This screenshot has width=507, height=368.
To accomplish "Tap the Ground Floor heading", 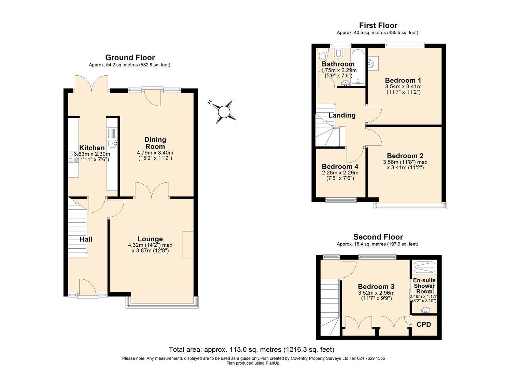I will point(130,58).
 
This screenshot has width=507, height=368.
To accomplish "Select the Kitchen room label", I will point(92,148).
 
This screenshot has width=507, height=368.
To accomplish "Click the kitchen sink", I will point(112,143).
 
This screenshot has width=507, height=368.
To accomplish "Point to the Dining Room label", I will point(155,143).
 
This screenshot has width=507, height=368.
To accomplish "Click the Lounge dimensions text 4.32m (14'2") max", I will point(150,245).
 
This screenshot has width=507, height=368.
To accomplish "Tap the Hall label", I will point(86,239).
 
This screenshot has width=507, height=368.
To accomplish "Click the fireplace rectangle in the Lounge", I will point(188,245).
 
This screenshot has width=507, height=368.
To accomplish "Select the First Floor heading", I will point(378,25).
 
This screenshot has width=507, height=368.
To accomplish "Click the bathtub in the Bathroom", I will point(358,66).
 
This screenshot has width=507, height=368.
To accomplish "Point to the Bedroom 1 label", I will point(403,80).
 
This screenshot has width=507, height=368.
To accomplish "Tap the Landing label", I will point(342,115).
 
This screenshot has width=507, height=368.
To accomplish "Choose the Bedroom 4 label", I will point(340,167).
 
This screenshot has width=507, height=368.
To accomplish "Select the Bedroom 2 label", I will point(405,156).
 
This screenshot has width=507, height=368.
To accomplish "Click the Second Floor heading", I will point(378,237).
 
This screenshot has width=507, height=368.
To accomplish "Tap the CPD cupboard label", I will point(423,324).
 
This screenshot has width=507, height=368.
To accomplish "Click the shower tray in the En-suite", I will point(424,266).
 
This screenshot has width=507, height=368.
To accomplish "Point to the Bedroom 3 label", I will point(376,287).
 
